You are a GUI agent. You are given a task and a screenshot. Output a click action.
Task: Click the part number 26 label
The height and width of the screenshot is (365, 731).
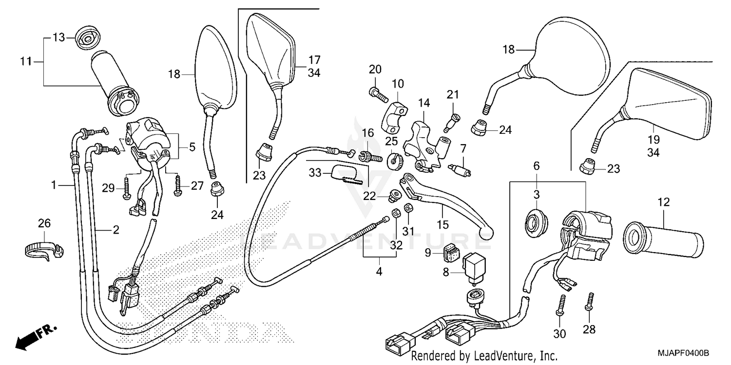coord(44,223)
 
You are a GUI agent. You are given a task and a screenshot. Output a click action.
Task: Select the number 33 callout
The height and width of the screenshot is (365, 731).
coord(316,172)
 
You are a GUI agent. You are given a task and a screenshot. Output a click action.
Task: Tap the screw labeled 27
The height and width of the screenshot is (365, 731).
coord(178,187)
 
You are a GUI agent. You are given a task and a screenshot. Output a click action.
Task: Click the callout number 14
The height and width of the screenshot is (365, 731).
coord(424,103)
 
